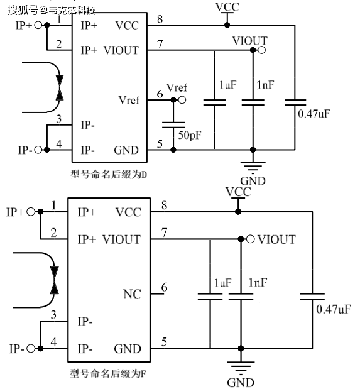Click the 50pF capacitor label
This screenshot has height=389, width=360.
click(190, 135)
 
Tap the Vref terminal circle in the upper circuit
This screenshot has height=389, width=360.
click(182, 100)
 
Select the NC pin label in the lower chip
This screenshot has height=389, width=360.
click(132, 294)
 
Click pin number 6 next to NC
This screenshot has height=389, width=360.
click(164, 287)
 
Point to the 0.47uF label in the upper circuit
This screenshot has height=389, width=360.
click(314, 114)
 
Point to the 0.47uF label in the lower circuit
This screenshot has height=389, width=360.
click(333, 309)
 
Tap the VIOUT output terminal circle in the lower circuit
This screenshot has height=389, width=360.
click(251, 239)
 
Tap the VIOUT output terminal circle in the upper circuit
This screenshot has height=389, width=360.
click(261, 50)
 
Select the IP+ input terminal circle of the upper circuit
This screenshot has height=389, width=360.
click(38, 25)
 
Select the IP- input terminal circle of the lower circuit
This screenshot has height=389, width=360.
click(31, 349)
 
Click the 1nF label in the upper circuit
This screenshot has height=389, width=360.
click(266, 85)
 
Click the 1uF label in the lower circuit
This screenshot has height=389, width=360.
click(223, 283)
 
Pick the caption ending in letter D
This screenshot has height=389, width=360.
click(109, 175)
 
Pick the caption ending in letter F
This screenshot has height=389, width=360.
click(108, 373)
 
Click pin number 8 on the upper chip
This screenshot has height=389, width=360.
click(160, 19)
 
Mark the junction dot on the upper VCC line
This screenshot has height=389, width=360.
click(227, 25)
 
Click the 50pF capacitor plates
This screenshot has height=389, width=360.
click(173, 124)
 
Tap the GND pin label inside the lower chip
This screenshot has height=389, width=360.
click(128, 349)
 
